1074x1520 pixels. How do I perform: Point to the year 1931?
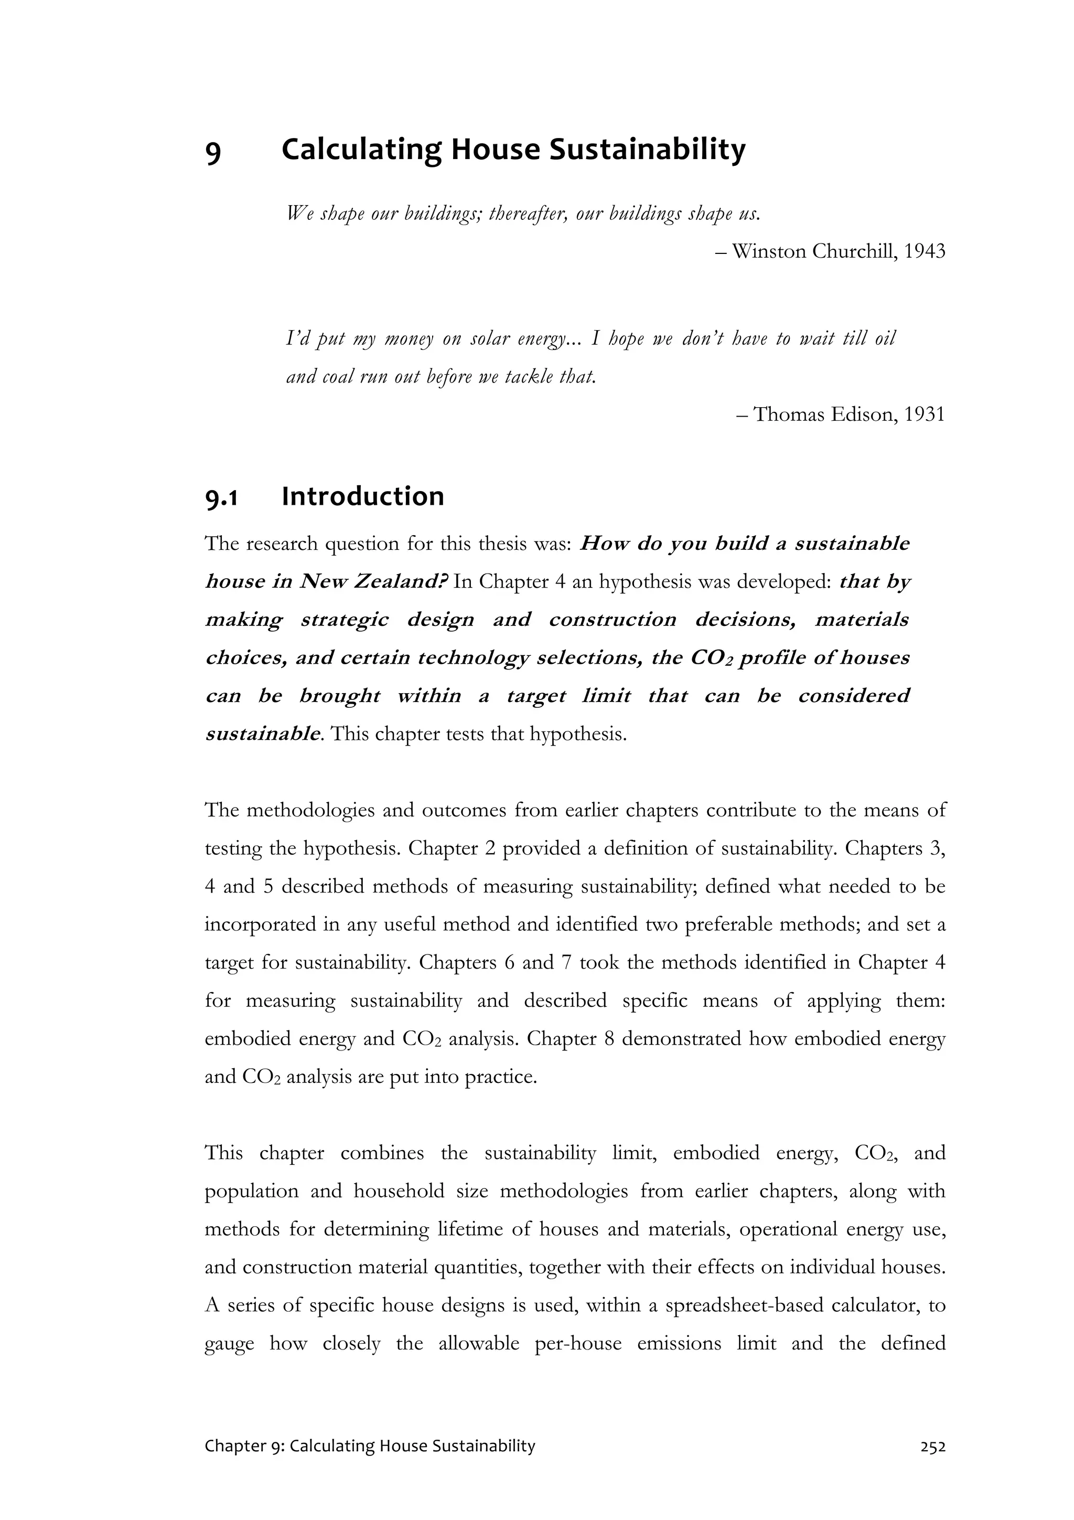tap(924, 414)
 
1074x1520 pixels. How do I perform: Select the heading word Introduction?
tap(362, 496)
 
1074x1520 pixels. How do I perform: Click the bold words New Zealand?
tap(374, 582)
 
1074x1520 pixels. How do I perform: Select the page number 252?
tap(932, 1447)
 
